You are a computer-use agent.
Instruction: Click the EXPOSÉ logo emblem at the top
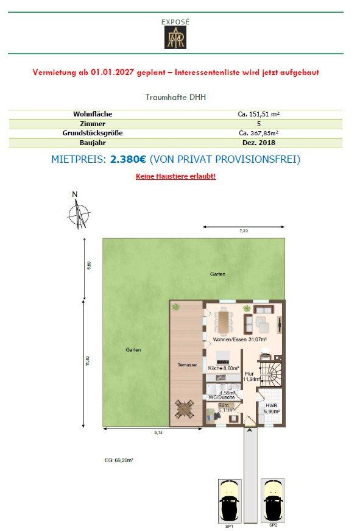175,37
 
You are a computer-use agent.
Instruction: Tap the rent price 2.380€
129,159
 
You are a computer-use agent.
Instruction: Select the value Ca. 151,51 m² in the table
258,114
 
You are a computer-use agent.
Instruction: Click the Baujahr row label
93,143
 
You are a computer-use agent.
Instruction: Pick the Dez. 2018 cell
259,143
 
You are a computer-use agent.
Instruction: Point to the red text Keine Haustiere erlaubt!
175,176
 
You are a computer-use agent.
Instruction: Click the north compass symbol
79,214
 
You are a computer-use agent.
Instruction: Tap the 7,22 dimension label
244,231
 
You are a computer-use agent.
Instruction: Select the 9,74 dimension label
158,432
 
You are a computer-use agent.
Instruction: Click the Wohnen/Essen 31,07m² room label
240,339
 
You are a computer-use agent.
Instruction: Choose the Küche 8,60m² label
224,368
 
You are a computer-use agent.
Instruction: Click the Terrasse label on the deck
187,365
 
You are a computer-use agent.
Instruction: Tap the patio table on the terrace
185,409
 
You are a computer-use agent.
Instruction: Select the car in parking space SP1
230,501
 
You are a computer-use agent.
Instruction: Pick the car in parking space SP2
273,500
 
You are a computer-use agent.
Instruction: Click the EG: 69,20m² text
119,460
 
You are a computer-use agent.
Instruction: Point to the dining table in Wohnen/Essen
223,322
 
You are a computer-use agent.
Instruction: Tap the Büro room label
224,405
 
